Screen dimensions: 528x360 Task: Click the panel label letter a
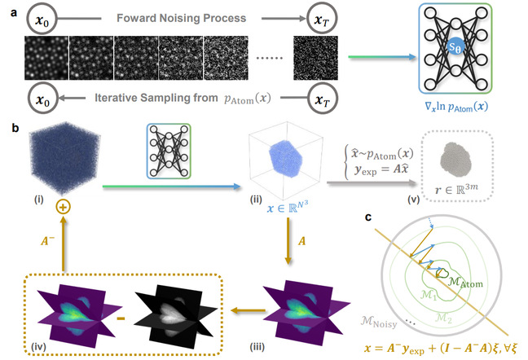14,13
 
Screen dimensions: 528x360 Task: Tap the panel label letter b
15,128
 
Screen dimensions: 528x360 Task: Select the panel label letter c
368,217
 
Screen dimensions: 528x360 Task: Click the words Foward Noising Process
181,18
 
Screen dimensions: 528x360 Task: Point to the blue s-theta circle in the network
455,46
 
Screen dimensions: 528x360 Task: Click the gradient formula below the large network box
456,107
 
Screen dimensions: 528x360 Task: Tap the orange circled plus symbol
63,207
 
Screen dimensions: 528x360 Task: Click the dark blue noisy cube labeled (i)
64,157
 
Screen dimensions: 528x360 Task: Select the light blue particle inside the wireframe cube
285,158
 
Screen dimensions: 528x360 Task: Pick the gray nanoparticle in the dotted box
456,160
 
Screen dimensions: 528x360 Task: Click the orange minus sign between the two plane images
121,318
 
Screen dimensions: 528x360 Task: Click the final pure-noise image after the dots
315,58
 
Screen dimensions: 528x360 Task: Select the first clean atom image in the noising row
46,58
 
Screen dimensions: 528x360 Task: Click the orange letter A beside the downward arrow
301,241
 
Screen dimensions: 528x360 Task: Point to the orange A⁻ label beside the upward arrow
47,241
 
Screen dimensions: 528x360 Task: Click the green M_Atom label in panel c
465,282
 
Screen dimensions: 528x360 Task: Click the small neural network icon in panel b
169,151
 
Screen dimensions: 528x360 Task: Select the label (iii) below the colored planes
257,347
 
